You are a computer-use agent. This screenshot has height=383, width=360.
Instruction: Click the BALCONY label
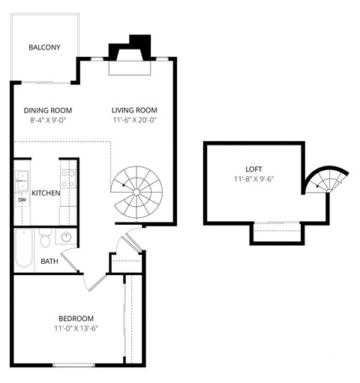pos(44,48)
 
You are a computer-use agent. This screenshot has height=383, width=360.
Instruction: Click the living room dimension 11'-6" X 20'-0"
pos(135,119)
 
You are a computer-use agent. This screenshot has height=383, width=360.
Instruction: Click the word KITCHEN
pos(46,193)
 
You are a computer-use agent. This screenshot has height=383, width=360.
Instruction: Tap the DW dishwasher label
pos(22,200)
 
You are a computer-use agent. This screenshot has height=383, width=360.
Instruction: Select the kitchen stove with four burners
pos(68,178)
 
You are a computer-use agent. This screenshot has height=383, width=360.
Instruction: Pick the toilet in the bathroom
pos(45,239)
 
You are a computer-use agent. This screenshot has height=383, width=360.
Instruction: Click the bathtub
pos(23,249)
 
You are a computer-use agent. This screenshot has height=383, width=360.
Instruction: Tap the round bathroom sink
pos(67,237)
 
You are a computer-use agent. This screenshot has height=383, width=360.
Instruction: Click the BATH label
pos(49,262)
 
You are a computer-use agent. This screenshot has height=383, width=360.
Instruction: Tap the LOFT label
pos(254,168)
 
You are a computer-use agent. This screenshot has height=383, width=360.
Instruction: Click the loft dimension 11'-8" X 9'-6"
pos(254,179)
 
